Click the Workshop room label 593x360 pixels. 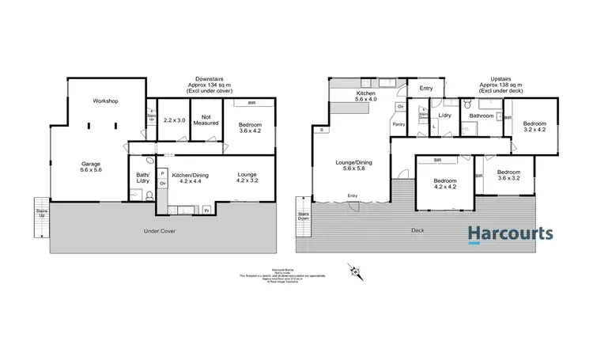click(x=104, y=101)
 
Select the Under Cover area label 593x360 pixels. click(x=158, y=231)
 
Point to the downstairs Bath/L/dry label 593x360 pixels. click(x=142, y=178)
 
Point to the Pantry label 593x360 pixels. click(x=399, y=123)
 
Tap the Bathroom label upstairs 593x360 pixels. click(x=481, y=116)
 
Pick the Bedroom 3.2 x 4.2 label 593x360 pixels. click(x=534, y=127)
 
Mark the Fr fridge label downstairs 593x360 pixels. click(x=206, y=210)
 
